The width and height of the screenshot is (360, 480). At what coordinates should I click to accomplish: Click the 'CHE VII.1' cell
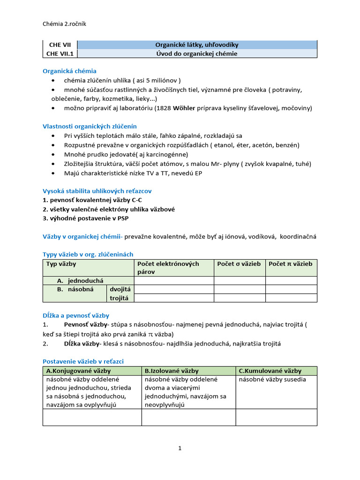[x=60, y=53]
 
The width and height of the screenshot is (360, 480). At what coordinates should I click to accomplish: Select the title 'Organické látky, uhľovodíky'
[x=197, y=45]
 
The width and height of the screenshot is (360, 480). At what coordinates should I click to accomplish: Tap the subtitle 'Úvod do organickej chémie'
[x=197, y=53]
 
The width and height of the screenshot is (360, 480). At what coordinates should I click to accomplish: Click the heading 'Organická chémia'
[x=69, y=71]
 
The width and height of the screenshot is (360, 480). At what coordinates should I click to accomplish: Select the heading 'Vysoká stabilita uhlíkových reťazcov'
[x=97, y=191]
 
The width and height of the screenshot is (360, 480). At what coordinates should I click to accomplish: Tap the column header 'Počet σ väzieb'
[x=239, y=264]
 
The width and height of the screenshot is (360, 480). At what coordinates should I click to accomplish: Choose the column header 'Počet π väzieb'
[x=290, y=264]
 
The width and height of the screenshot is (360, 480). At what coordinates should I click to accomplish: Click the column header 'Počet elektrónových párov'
[x=173, y=268]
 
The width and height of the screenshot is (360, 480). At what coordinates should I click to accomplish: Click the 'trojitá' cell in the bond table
[x=120, y=298]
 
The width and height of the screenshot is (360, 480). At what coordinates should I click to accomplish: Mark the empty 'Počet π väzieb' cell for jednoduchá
[x=291, y=280]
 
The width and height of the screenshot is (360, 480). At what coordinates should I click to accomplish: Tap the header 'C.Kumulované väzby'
[x=270, y=370]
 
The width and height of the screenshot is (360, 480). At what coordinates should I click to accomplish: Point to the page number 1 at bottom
[x=180, y=448]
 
